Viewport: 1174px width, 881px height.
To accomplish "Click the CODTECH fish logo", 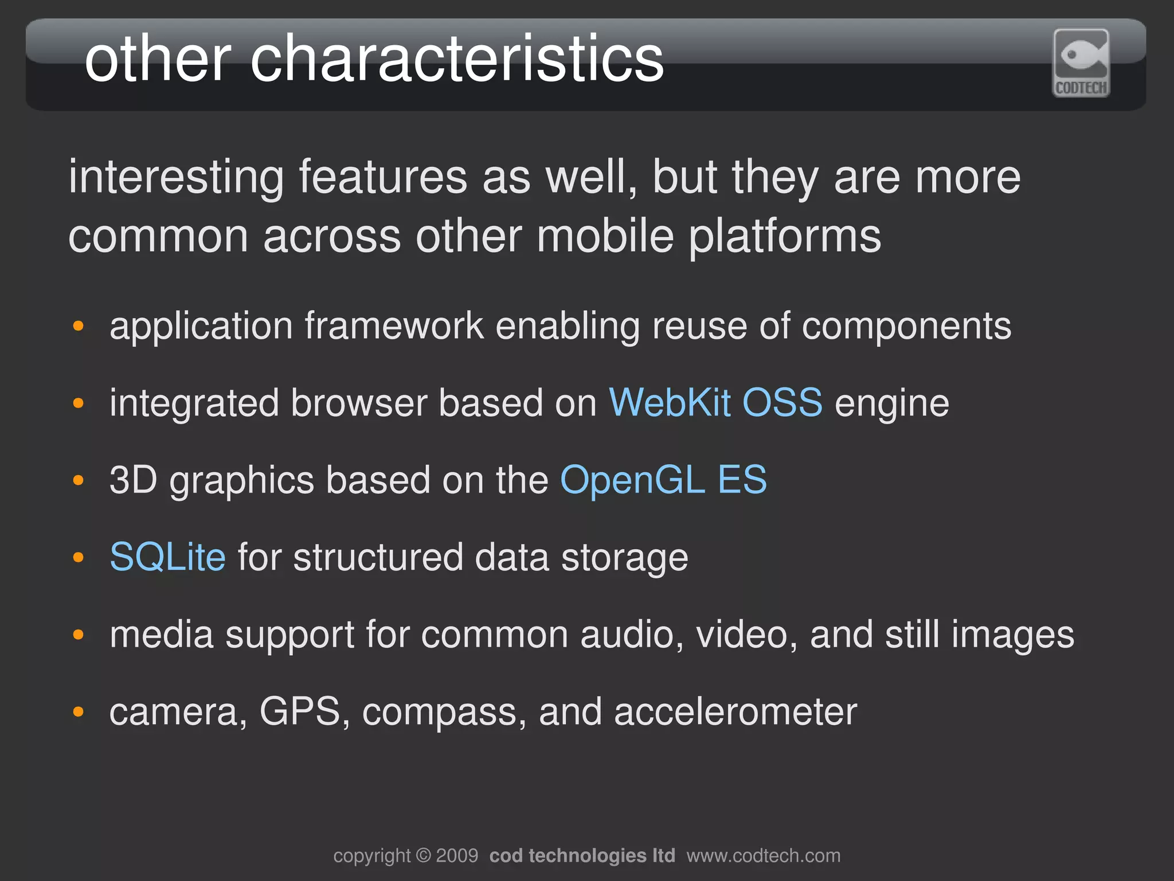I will coord(1081,62).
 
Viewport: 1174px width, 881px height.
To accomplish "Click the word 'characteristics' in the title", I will coord(457,58).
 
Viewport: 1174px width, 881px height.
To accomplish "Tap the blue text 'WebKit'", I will coord(669,402).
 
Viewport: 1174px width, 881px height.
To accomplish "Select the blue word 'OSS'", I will coord(782,402).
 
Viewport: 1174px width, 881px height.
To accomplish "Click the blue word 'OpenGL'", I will coord(632,480).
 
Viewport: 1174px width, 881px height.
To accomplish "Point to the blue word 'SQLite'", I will coord(167,557).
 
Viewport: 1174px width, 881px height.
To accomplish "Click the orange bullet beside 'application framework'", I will coord(79,327).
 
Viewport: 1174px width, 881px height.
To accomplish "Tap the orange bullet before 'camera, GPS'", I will coord(79,712).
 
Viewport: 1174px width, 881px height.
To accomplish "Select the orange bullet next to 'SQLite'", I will coord(79,558).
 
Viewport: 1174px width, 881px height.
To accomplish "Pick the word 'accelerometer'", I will coord(735,712).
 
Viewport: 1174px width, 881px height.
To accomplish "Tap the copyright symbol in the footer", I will coord(423,856).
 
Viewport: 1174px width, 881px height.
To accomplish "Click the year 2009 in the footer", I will coord(457,856).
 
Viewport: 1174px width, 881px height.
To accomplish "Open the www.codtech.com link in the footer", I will coord(763,856).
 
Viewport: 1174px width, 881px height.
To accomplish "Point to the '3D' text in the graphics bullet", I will coord(133,480).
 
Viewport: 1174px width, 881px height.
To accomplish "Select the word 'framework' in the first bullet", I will coord(394,326).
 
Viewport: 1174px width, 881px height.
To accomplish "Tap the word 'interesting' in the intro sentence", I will coord(176,177).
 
